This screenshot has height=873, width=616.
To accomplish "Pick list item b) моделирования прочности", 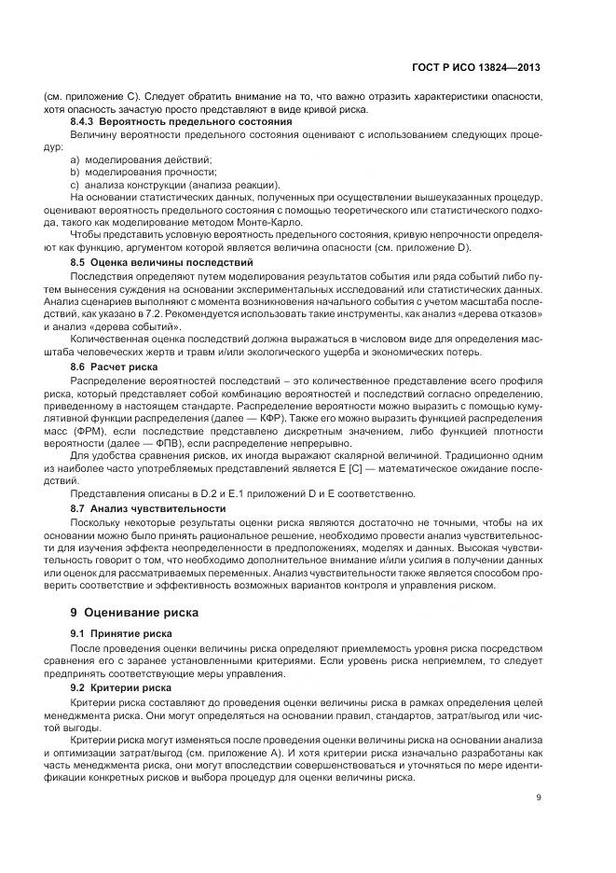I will [130, 172].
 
